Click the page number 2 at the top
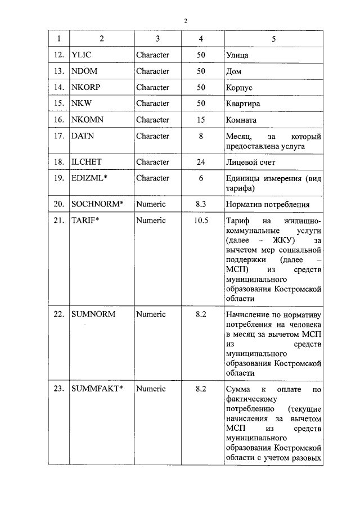coord(186,21)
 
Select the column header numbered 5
coord(274,39)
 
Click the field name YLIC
coord(83,55)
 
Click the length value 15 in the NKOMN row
coord(201,120)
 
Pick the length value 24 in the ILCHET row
coord(201,162)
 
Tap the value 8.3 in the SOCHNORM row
coord(201,204)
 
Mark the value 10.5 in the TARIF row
coord(201,220)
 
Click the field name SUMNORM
coord(93,314)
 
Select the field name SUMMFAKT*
coord(97,389)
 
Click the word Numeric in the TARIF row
coord(151,220)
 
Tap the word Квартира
coord(242,104)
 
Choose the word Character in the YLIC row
coord(152,55)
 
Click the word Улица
coord(237,55)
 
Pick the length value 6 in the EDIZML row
coord(201,178)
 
